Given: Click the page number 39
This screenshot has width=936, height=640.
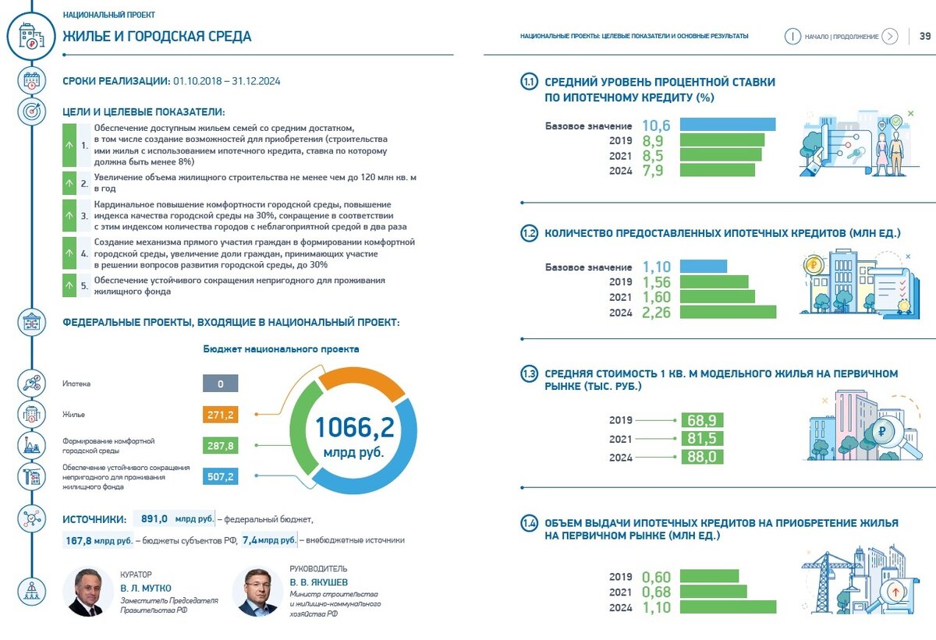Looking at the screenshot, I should tap(925, 36).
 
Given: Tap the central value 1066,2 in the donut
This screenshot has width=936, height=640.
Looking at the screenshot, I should tap(354, 427).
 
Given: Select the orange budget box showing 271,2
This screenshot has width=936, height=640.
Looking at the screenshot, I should tap(220, 414).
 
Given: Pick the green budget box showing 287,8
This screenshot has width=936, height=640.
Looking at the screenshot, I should tap(220, 445).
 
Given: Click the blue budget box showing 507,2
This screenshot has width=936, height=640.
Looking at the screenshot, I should tap(220, 476).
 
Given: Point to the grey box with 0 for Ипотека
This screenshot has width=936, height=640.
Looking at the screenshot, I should tap(220, 384).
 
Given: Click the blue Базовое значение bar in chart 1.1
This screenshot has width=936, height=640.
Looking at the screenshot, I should tap(727, 125).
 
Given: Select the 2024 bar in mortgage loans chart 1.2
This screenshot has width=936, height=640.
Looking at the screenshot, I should tap(727, 312).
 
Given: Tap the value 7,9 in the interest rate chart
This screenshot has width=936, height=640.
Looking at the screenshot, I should tap(653, 170).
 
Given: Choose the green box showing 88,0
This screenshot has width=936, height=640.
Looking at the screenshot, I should tap(702, 458).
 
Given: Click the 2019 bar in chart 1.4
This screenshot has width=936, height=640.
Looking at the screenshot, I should tap(708, 576).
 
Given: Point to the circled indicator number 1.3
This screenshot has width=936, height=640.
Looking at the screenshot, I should tap(530, 374).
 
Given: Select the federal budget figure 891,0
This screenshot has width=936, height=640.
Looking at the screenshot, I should tap(152, 518).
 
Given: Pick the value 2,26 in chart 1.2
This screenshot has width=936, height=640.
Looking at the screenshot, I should tap(656, 313).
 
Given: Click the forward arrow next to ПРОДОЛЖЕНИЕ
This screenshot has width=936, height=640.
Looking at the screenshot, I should tap(890, 36).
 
